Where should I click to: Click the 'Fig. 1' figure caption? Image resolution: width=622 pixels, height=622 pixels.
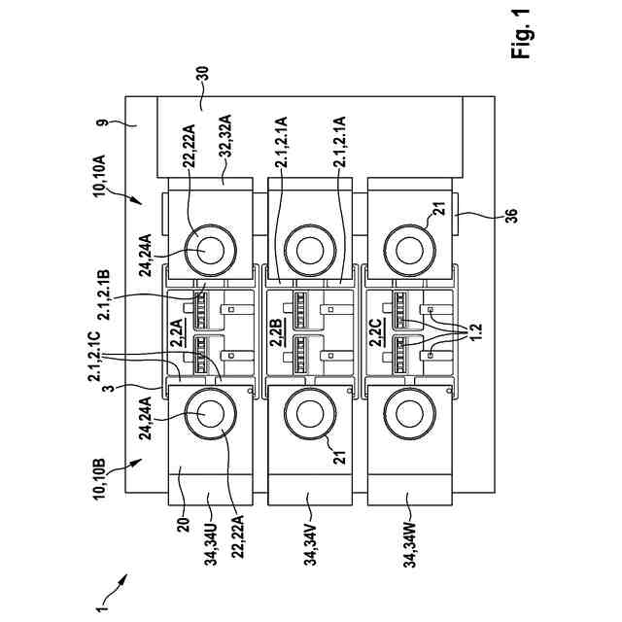[x=521, y=34]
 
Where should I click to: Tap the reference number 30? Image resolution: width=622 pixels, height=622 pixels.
[x=203, y=75]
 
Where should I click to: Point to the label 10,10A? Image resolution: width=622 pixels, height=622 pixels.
[x=99, y=175]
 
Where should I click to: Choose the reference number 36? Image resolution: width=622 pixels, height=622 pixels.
[x=511, y=216]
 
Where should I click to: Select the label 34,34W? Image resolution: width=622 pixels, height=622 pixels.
[x=410, y=545]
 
